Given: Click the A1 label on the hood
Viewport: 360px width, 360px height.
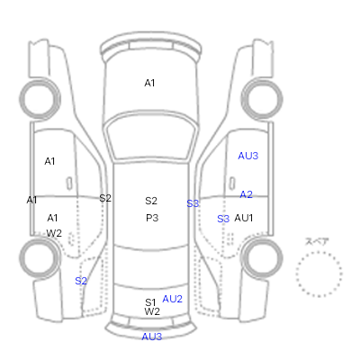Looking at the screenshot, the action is [x=149, y=83].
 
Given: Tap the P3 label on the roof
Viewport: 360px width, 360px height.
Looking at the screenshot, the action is [x=152, y=218].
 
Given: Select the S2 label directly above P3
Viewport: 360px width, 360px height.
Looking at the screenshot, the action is [x=151, y=201].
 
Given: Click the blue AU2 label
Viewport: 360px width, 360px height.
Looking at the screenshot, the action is [x=172, y=299].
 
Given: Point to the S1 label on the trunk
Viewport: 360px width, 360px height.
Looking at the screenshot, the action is [x=150, y=302].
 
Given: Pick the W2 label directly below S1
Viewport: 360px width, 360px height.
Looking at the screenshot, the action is [x=152, y=311].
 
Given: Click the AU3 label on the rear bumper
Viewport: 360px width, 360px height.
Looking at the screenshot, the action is [x=152, y=337].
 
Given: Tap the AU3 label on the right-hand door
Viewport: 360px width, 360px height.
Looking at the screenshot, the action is [x=248, y=156].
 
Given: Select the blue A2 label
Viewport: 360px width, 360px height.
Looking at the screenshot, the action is [x=247, y=194].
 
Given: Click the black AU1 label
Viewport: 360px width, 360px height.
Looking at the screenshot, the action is [x=244, y=218].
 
